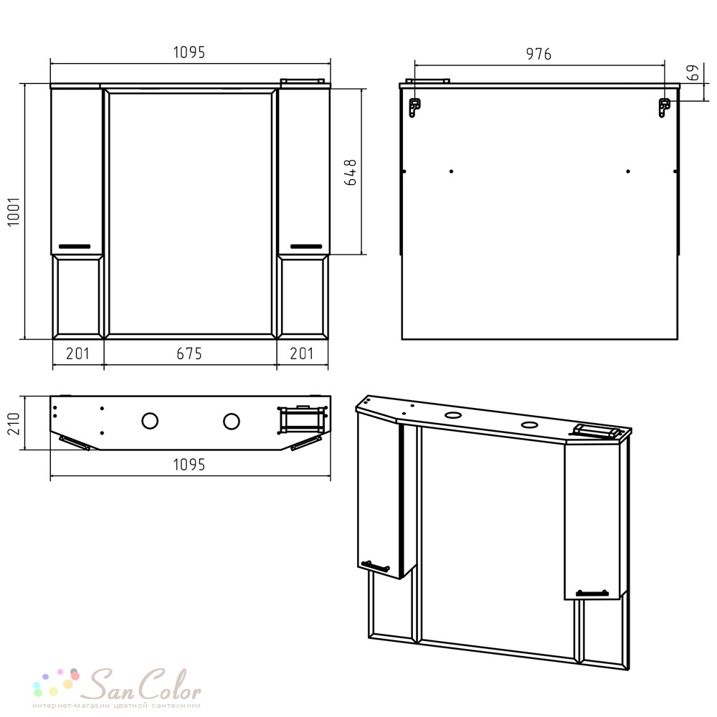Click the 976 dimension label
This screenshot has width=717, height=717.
click(538, 54)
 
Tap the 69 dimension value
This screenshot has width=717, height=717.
click(693, 72)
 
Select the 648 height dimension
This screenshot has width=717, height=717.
click(351, 172)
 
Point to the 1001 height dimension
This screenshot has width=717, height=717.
click(14, 212)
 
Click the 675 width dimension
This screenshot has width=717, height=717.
click(189, 353)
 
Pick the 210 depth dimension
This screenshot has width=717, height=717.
click(14, 424)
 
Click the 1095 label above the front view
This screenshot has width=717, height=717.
click(189, 52)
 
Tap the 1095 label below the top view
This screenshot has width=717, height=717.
click(189, 465)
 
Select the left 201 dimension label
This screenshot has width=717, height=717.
click(77, 353)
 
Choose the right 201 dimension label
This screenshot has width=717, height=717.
click(302, 353)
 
